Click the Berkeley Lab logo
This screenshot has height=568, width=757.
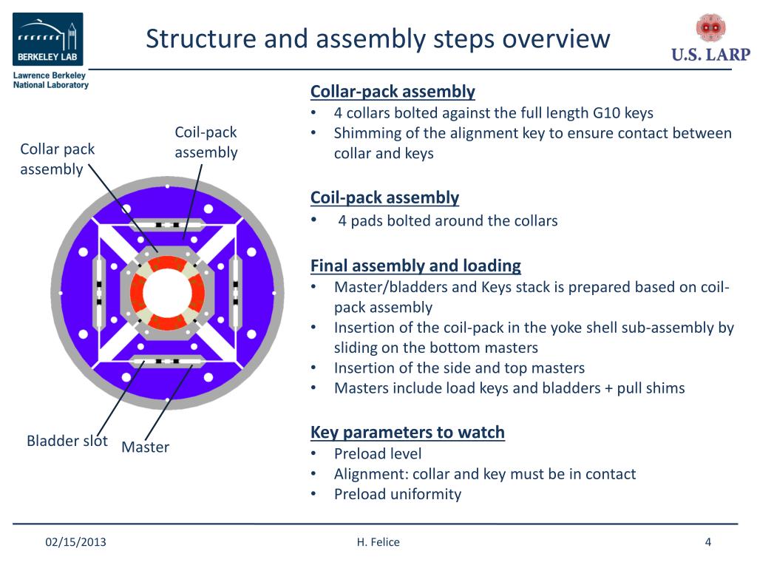(x=48, y=39)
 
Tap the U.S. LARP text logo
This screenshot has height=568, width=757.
(x=710, y=55)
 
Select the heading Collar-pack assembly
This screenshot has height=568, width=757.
(x=393, y=91)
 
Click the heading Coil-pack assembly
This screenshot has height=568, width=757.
(x=384, y=197)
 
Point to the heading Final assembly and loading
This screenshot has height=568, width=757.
(x=415, y=266)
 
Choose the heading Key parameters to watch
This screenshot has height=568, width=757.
(x=407, y=432)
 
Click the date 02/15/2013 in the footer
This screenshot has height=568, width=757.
(x=76, y=542)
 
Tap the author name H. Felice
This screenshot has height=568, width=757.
(x=378, y=542)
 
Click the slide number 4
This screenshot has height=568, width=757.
(x=708, y=542)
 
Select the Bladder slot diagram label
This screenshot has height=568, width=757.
(x=67, y=441)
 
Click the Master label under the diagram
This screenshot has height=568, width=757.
(x=146, y=447)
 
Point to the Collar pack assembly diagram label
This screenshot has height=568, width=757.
(x=58, y=159)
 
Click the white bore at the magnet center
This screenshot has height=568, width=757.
(x=168, y=293)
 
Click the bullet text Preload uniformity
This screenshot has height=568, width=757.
(x=398, y=494)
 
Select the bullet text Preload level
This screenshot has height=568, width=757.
(x=378, y=453)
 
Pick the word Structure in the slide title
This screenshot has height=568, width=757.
(x=201, y=38)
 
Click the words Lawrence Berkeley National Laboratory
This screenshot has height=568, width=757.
(x=51, y=80)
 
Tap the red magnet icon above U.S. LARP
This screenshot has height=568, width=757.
(x=710, y=27)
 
